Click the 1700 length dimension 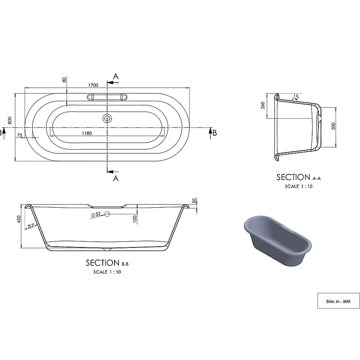point(93,85)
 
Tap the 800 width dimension point(10,120)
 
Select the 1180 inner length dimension point(87,133)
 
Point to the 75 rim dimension point(20,135)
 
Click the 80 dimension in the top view point(64,80)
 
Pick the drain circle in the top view point(107,118)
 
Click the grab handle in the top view point(107,97)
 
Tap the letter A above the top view point(116,76)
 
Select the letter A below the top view point(116,178)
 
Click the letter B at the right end point(215,133)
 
